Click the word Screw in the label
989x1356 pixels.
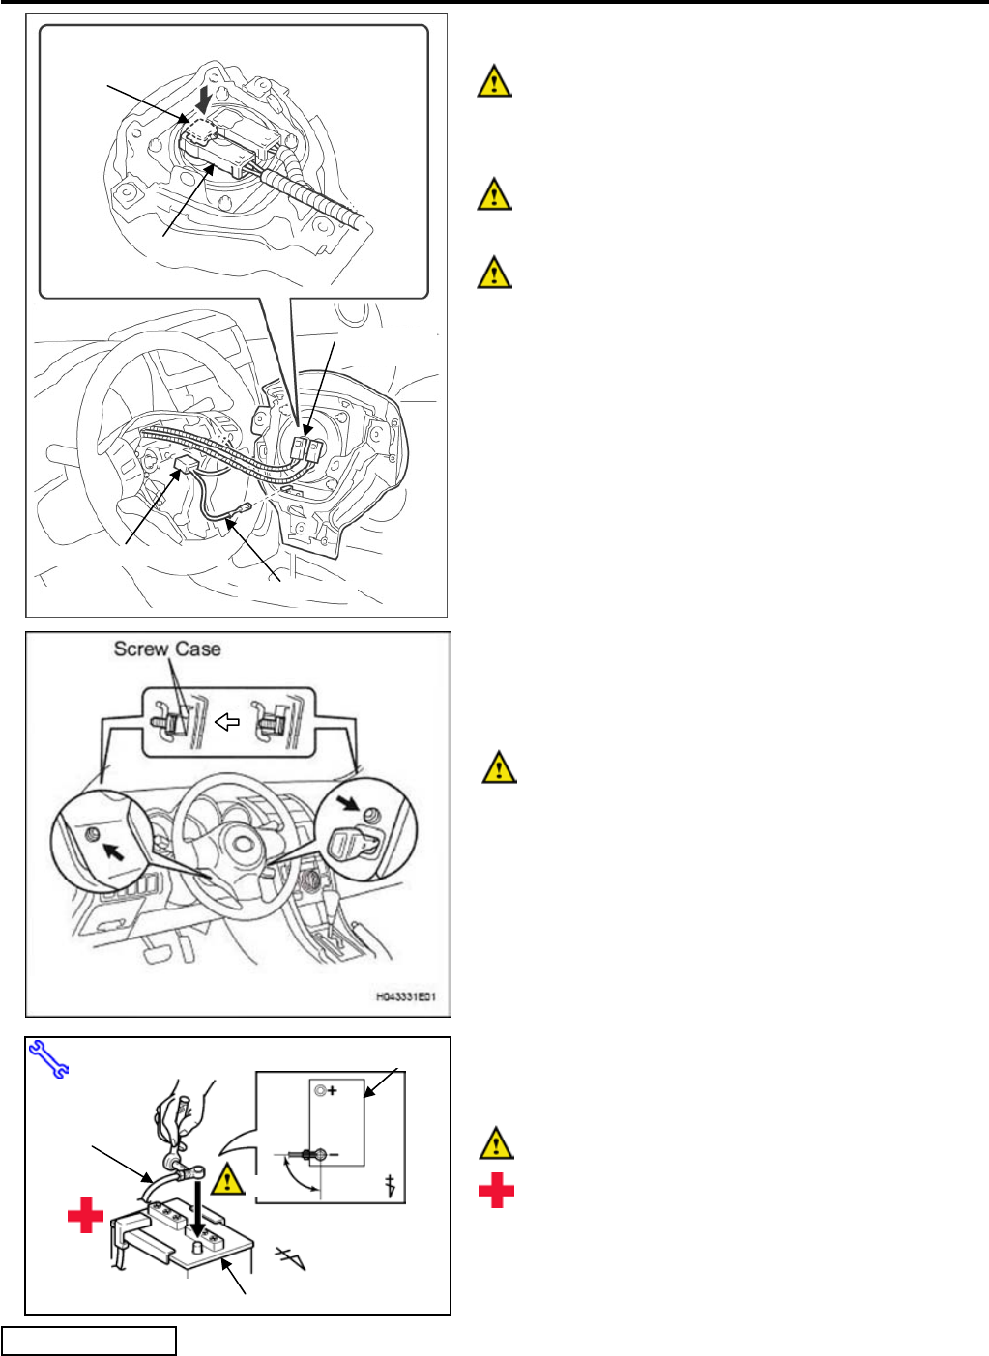point(141,649)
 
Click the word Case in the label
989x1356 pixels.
point(197,649)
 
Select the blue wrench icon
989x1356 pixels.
point(48,1058)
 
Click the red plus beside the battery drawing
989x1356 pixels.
point(85,1214)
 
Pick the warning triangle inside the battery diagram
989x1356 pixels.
point(228,1179)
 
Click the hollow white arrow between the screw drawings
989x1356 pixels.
point(227,722)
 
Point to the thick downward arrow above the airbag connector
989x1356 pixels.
point(203,100)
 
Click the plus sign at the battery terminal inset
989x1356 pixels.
point(332,1091)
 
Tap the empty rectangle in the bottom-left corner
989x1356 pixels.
point(89,1341)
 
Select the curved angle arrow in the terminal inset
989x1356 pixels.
point(297,1175)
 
